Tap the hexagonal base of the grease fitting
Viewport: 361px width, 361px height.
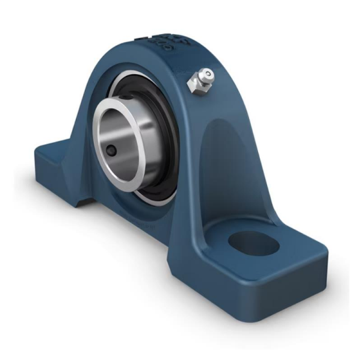(196, 85)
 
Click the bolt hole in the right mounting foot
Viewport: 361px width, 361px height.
(253, 243)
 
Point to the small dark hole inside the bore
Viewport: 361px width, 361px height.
(113, 151)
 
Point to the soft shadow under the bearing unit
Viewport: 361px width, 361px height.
(120, 253)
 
